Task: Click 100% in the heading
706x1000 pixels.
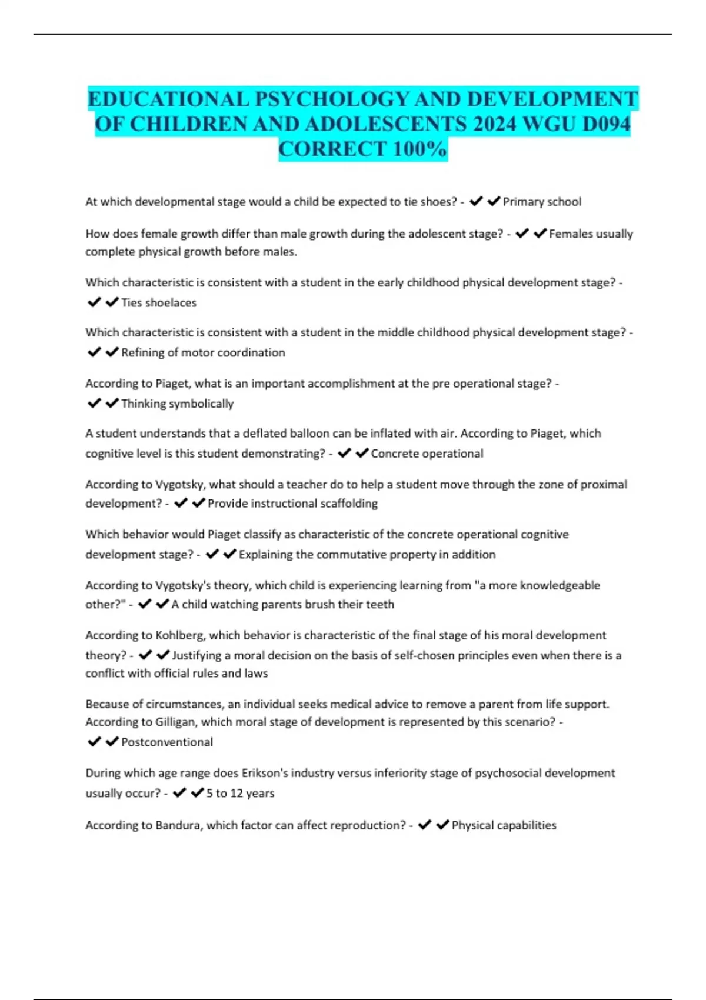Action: pyautogui.click(x=419, y=149)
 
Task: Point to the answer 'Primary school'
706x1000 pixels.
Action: pyautogui.click(x=541, y=202)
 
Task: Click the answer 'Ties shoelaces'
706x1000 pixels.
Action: pyautogui.click(x=158, y=303)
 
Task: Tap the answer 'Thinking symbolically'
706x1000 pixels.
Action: pyautogui.click(x=177, y=404)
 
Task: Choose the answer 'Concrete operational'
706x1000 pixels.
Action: pyautogui.click(x=427, y=454)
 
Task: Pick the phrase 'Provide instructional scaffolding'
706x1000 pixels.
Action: pyautogui.click(x=292, y=504)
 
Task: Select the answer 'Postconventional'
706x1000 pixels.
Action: pyautogui.click(x=166, y=742)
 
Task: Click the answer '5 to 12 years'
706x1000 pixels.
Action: pyautogui.click(x=240, y=794)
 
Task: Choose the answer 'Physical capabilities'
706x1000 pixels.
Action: pyautogui.click(x=504, y=825)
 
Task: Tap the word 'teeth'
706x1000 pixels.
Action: pyautogui.click(x=380, y=605)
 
